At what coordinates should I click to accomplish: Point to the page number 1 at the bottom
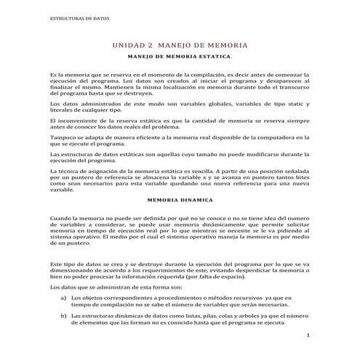tap(308, 337)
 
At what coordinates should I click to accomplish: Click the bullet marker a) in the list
tap(64, 298)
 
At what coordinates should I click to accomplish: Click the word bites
tap(301, 177)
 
